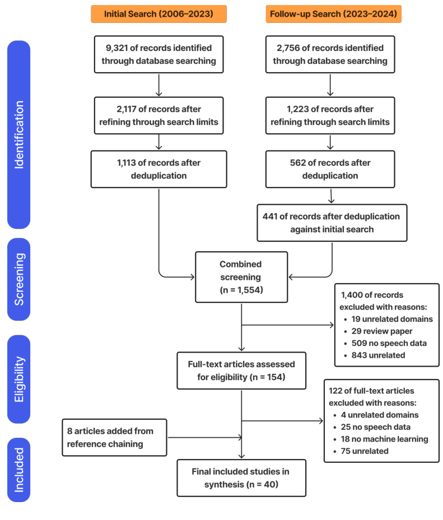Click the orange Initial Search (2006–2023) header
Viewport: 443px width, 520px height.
(158, 14)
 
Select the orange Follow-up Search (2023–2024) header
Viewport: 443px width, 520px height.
(333, 14)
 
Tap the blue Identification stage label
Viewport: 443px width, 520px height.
(19, 134)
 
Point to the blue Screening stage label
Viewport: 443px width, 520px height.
(19, 279)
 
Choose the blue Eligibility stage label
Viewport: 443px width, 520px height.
(19, 379)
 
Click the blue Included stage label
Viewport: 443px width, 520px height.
(19, 469)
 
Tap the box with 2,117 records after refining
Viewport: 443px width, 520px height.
(158, 115)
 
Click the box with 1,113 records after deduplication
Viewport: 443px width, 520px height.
(158, 168)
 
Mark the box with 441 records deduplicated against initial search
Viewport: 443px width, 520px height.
(332, 223)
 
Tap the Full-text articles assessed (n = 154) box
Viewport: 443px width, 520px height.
(241, 371)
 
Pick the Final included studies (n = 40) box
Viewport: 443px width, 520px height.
(241, 478)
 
